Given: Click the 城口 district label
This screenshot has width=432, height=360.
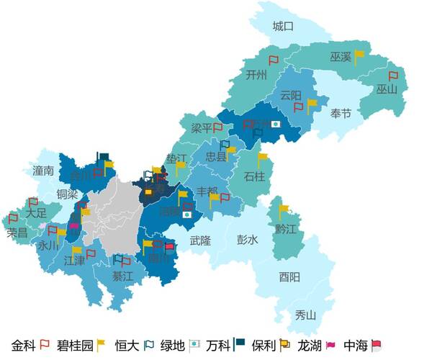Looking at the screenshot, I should (x=283, y=27).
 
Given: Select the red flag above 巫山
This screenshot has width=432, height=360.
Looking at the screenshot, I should (x=392, y=76).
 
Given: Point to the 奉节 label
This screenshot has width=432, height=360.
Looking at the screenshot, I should (x=341, y=114).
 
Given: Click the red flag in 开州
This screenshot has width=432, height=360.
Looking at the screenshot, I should (x=273, y=60).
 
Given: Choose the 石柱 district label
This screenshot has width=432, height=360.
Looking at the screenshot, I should (x=254, y=176).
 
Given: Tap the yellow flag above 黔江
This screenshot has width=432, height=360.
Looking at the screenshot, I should (x=284, y=211).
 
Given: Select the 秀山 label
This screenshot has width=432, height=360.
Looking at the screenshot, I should (x=305, y=315).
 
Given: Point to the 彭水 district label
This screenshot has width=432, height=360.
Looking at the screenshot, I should (x=247, y=240).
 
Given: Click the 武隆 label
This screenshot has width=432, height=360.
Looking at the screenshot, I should (x=200, y=240).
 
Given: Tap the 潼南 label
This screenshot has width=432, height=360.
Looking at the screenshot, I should (x=43, y=171).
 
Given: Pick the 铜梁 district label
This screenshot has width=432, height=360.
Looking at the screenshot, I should (x=67, y=194).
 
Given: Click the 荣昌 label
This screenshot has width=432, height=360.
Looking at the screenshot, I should (x=17, y=233).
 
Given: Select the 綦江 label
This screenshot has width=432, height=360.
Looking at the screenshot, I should (x=122, y=276).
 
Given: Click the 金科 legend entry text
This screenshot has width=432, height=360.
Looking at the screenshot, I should (x=24, y=345).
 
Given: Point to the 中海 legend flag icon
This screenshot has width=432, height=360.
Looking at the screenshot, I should (x=374, y=345).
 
